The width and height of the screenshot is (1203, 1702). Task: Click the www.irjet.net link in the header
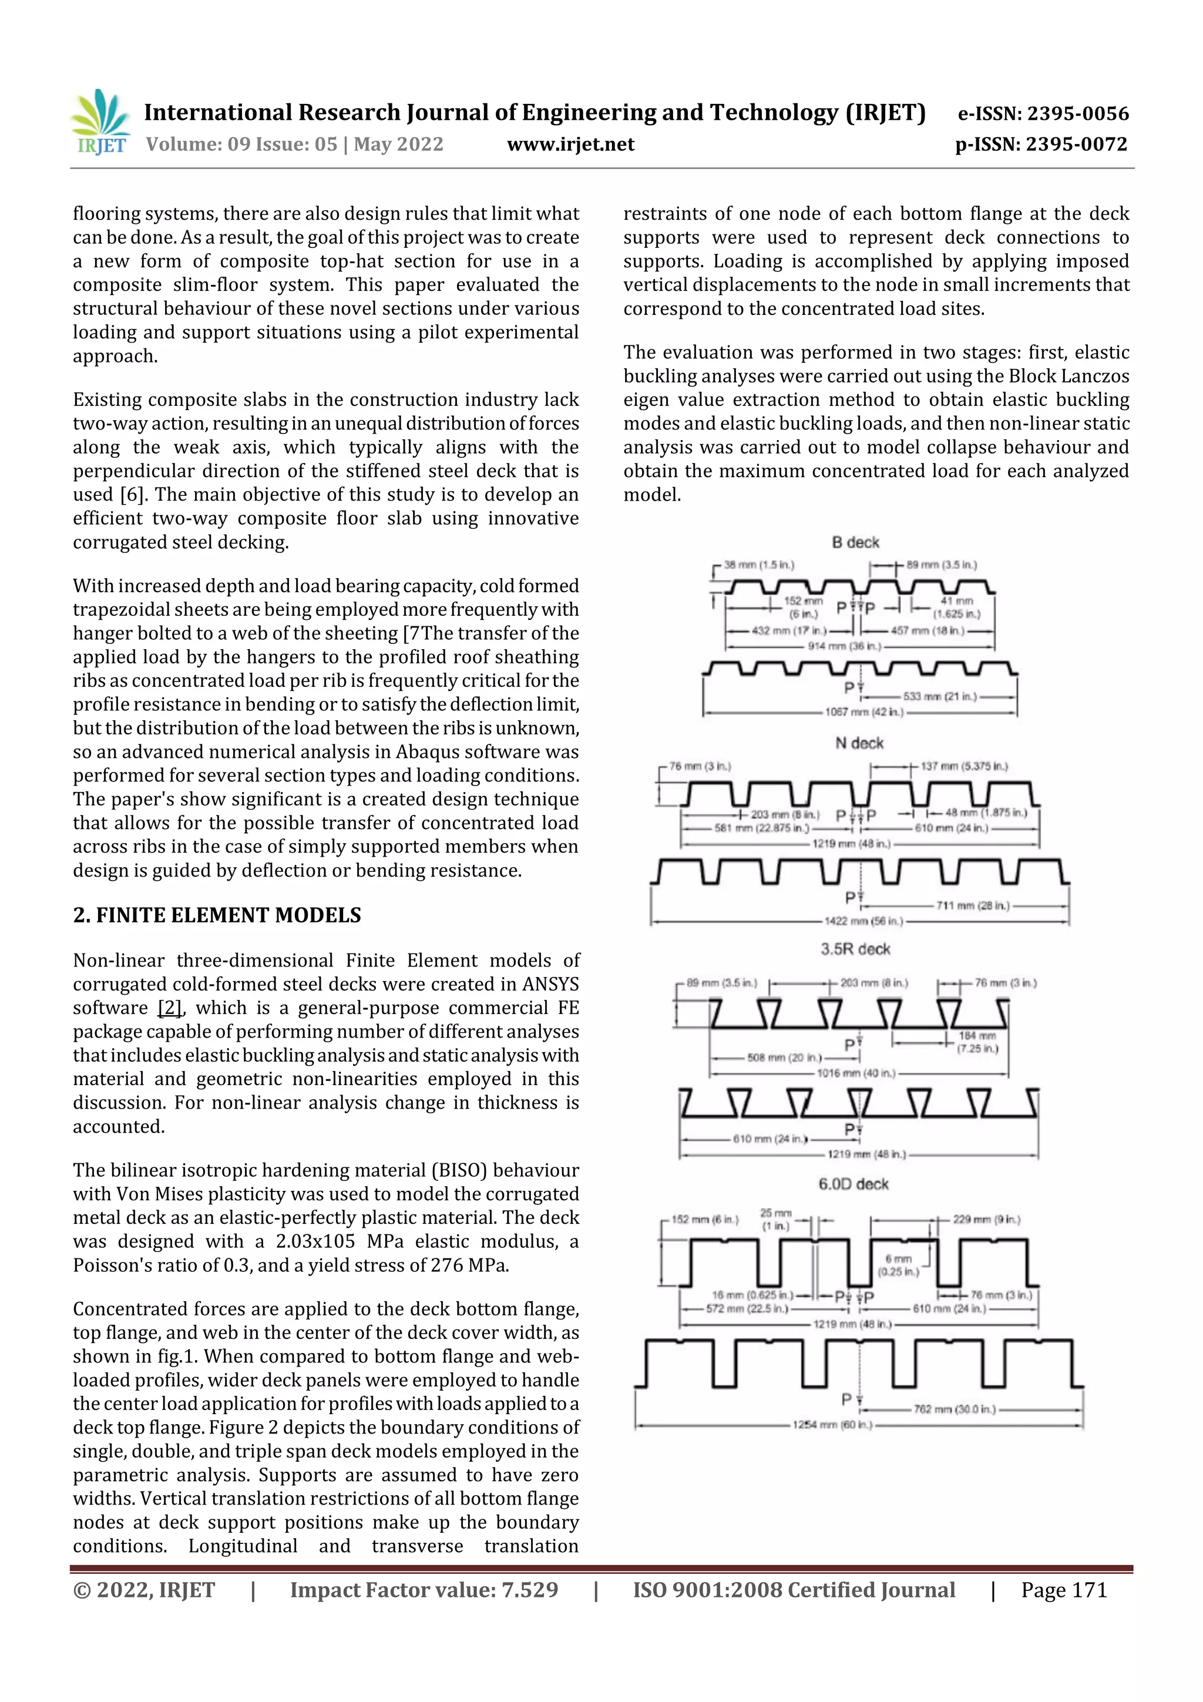pos(570,145)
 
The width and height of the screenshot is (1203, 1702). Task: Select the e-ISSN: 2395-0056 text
pos(1043,113)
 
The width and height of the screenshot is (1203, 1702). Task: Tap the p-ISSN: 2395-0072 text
pos(1041,145)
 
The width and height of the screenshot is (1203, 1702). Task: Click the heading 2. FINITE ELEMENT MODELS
pos(216,915)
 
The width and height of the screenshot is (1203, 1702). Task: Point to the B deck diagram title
pos(855,543)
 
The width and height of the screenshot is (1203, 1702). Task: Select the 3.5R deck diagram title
pos(855,949)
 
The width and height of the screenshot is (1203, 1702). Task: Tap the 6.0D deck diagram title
pos(853,1184)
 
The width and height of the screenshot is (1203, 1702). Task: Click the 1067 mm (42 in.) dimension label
pos(863,711)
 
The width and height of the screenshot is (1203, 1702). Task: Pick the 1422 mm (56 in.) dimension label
pos(863,921)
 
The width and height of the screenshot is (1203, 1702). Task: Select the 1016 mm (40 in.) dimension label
pos(856,1073)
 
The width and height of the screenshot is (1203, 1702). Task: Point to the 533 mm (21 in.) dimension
pos(939,696)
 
